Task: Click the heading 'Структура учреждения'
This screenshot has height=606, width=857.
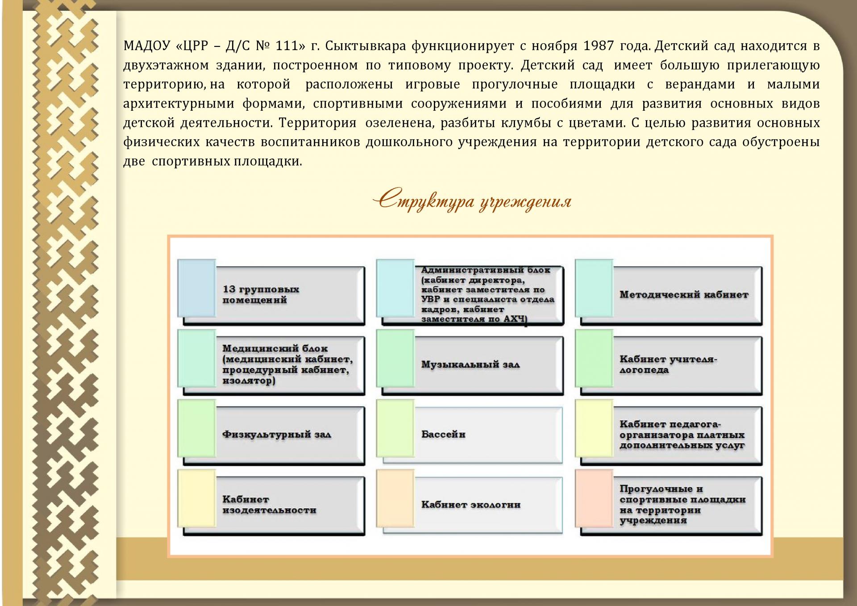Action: (x=472, y=201)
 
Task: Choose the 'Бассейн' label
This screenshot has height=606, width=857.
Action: (x=443, y=434)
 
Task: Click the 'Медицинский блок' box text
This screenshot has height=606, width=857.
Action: (x=288, y=364)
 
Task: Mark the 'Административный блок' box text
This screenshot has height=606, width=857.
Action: (x=488, y=294)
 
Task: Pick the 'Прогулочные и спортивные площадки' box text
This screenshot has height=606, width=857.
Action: (x=682, y=505)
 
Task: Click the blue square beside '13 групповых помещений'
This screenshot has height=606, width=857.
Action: (x=197, y=288)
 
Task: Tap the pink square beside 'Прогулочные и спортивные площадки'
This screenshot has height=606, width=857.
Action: (x=594, y=498)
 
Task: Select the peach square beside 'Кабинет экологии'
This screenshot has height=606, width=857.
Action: (x=395, y=498)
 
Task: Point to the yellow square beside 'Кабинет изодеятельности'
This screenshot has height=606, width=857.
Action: (x=197, y=498)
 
